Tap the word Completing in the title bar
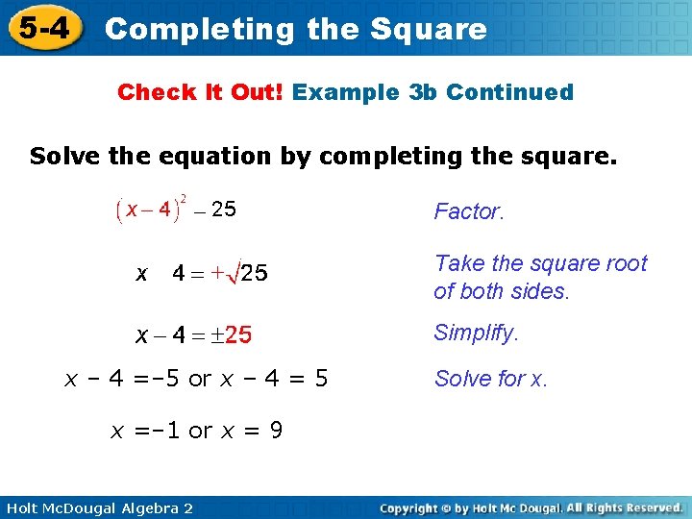tap(199, 29)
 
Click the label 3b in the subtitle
tap(424, 92)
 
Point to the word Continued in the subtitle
tap(509, 92)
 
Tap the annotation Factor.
tap(469, 211)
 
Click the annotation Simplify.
tap(476, 334)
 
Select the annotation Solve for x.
tap(491, 379)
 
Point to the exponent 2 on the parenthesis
tap(185, 199)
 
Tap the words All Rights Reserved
tap(624, 507)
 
